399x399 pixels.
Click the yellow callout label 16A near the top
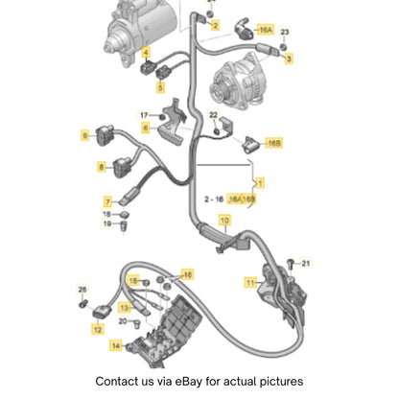point(265,30)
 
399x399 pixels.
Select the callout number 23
point(285,32)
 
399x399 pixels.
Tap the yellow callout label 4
point(146,52)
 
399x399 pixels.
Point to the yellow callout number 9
point(84,135)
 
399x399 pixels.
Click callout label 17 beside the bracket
point(144,115)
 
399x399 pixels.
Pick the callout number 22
point(213,115)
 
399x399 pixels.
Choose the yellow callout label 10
point(224,221)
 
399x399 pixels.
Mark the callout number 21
point(306,263)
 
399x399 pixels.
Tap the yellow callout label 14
point(116,345)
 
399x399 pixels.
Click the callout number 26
point(82,290)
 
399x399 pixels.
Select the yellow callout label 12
point(98,329)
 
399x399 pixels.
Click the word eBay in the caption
point(188,382)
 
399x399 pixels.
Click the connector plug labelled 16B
point(250,145)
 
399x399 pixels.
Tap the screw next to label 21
point(291,264)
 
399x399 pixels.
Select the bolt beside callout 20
point(137,323)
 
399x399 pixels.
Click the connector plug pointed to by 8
point(122,166)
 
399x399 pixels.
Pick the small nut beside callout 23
point(283,47)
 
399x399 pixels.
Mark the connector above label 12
point(102,312)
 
